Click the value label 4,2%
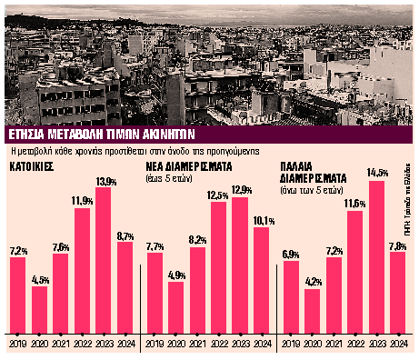(313, 281)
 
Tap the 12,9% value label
(240, 188)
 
